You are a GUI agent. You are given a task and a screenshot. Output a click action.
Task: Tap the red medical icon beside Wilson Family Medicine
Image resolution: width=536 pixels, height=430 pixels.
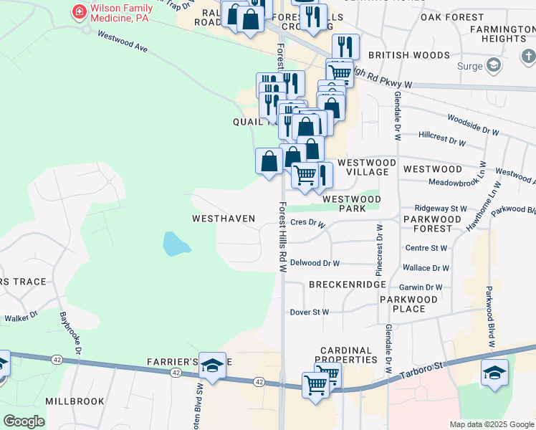[x=77, y=11]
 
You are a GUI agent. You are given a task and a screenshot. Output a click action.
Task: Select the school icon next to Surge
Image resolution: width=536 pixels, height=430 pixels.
[x=493, y=66]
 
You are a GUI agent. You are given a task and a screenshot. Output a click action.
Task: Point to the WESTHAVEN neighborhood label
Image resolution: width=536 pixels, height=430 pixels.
[x=224, y=217]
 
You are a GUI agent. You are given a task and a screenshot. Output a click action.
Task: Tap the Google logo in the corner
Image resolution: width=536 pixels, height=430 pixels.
[x=24, y=421]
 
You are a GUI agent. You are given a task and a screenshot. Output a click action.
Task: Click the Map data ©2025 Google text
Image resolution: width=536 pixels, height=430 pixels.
[x=491, y=424]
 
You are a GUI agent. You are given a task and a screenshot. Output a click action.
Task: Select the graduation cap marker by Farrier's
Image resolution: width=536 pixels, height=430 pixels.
[x=212, y=365]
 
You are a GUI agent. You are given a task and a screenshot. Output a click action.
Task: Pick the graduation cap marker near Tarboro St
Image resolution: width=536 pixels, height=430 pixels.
[x=495, y=373]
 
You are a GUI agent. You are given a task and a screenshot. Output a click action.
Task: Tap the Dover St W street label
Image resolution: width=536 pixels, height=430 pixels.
[x=309, y=312]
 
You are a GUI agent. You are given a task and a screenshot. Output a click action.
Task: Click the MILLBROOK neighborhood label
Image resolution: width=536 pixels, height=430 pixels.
[x=75, y=401]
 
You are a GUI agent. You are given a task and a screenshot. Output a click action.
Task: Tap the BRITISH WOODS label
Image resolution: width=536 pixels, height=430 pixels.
[x=409, y=55]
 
